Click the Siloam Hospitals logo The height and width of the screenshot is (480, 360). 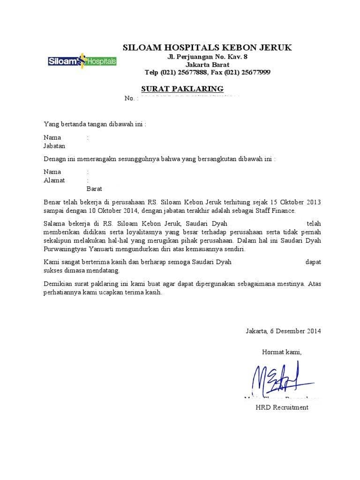point(82,61)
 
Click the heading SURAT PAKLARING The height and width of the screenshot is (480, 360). point(182,89)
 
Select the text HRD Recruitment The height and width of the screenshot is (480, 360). point(282,407)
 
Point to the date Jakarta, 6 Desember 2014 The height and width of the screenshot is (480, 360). point(283,331)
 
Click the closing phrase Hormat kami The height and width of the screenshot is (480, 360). point(281,352)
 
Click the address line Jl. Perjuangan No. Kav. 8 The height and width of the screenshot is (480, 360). point(207,57)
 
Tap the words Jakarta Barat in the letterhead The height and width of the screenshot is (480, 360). point(207,65)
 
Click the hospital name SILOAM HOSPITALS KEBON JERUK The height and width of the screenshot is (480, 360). point(207,47)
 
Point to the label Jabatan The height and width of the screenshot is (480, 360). point(54,146)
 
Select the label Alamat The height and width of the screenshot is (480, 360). point(54,180)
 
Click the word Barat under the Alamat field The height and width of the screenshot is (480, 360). point(94,188)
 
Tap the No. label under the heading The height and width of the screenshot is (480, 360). point(129,98)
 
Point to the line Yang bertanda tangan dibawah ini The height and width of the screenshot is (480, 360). point(95,124)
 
